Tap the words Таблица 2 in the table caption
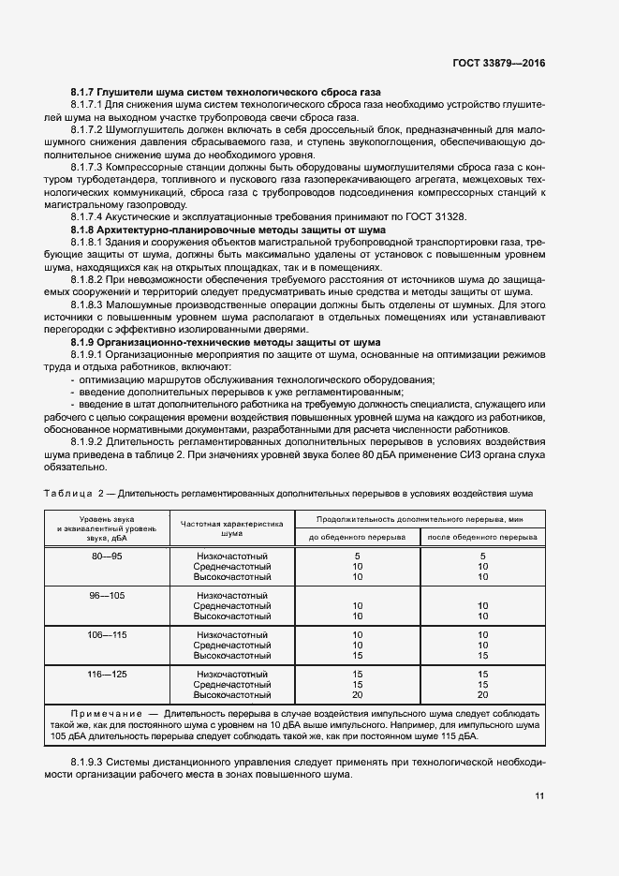[x=74, y=492]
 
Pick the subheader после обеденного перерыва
[x=482, y=538]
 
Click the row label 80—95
[x=106, y=557]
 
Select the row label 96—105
[x=106, y=595]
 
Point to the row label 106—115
[x=106, y=634]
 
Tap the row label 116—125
[x=106, y=674]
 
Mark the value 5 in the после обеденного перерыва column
[x=482, y=557]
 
